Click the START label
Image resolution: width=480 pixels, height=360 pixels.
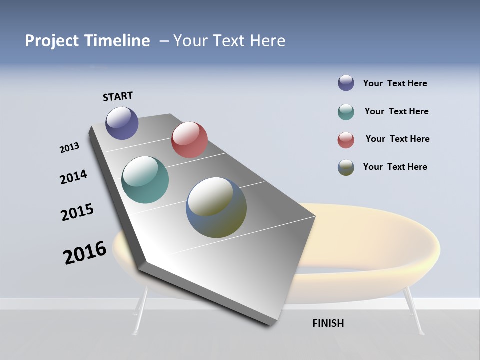pyautogui.click(x=118, y=96)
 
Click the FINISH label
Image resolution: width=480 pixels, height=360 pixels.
pyautogui.click(x=328, y=323)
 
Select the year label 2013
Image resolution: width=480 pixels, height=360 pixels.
pyautogui.click(x=69, y=148)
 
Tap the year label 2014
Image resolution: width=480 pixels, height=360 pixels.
pyautogui.click(x=73, y=177)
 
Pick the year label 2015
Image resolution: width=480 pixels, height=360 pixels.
pyautogui.click(x=77, y=212)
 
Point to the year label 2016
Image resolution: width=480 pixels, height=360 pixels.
pyautogui.click(x=85, y=253)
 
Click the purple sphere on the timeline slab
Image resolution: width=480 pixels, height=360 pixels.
pyautogui.click(x=122, y=123)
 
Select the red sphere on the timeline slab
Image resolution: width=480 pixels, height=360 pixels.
pyautogui.click(x=189, y=140)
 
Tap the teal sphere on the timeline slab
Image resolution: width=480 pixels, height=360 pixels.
pyautogui.click(x=145, y=180)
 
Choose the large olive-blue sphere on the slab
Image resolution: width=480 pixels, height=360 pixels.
pyautogui.click(x=216, y=207)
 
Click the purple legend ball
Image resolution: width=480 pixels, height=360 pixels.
pyautogui.click(x=346, y=83)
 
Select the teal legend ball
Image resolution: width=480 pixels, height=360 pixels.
pyautogui.click(x=346, y=112)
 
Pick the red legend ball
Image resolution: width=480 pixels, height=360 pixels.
pyautogui.click(x=346, y=139)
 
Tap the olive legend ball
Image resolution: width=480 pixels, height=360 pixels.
pyautogui.click(x=346, y=167)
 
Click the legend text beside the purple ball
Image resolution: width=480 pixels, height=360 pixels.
pyautogui.click(x=395, y=83)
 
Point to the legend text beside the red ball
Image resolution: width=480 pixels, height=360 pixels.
pyautogui.click(x=397, y=139)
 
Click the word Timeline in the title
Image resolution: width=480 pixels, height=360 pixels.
pyautogui.click(x=117, y=41)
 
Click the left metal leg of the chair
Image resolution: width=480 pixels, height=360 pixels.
pyautogui.click(x=140, y=310)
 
